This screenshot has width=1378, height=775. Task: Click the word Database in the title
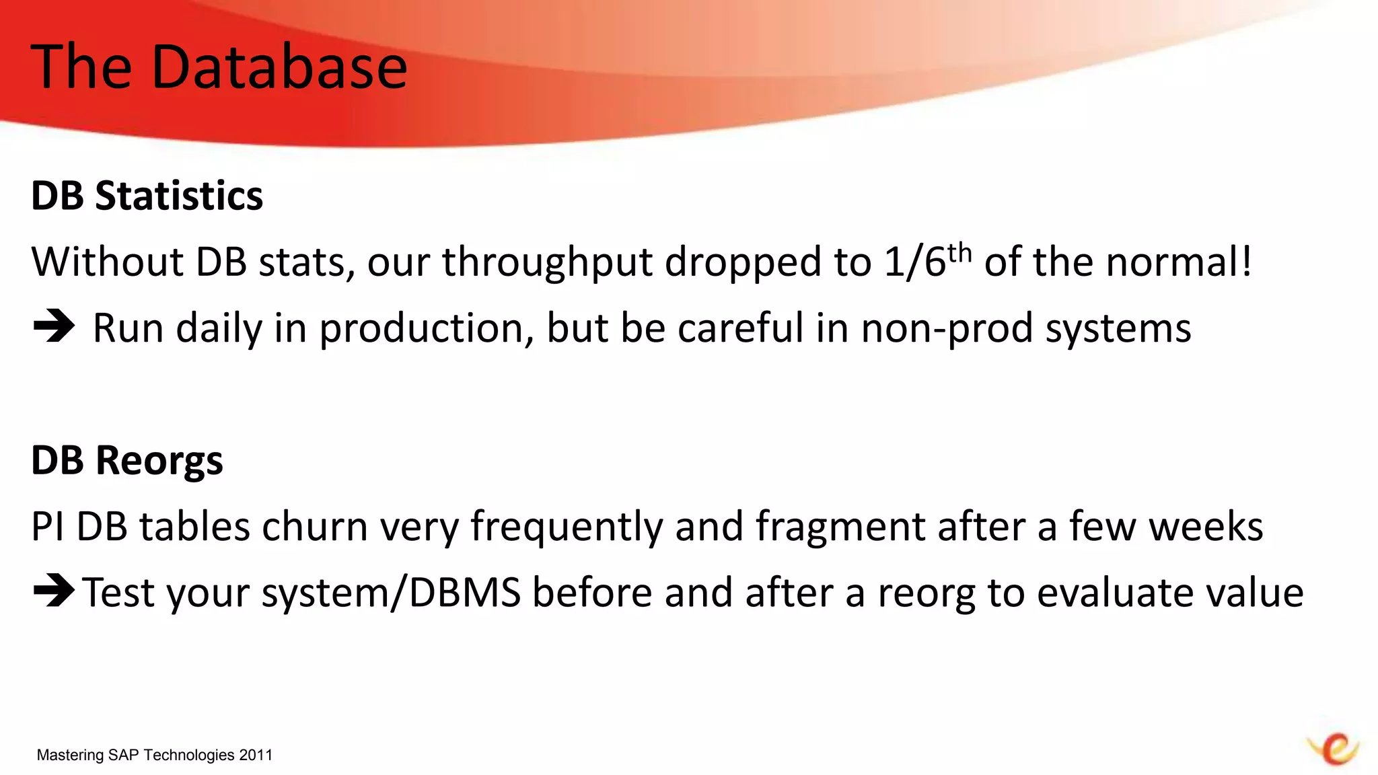tap(279, 67)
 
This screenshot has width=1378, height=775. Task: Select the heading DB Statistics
tap(147, 196)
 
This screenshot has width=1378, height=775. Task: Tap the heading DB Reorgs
tap(126, 461)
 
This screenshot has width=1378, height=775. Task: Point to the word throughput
tap(546, 262)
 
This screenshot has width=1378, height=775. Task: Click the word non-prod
tap(947, 329)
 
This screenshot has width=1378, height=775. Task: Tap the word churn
tap(314, 526)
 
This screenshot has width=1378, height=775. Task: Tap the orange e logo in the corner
tap(1334, 749)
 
